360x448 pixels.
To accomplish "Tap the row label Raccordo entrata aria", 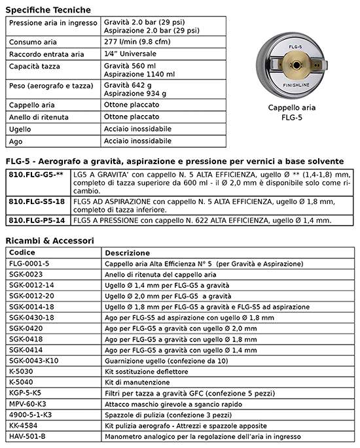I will pyautogui.click(x=46, y=54).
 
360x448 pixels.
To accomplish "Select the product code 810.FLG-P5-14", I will pyautogui.click(x=37, y=220).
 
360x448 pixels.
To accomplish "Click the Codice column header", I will pyautogui.click(x=22, y=252).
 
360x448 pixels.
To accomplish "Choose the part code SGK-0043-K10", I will pyautogui.click(x=34, y=360).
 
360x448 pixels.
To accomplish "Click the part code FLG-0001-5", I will pyautogui.click(x=29, y=264).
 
